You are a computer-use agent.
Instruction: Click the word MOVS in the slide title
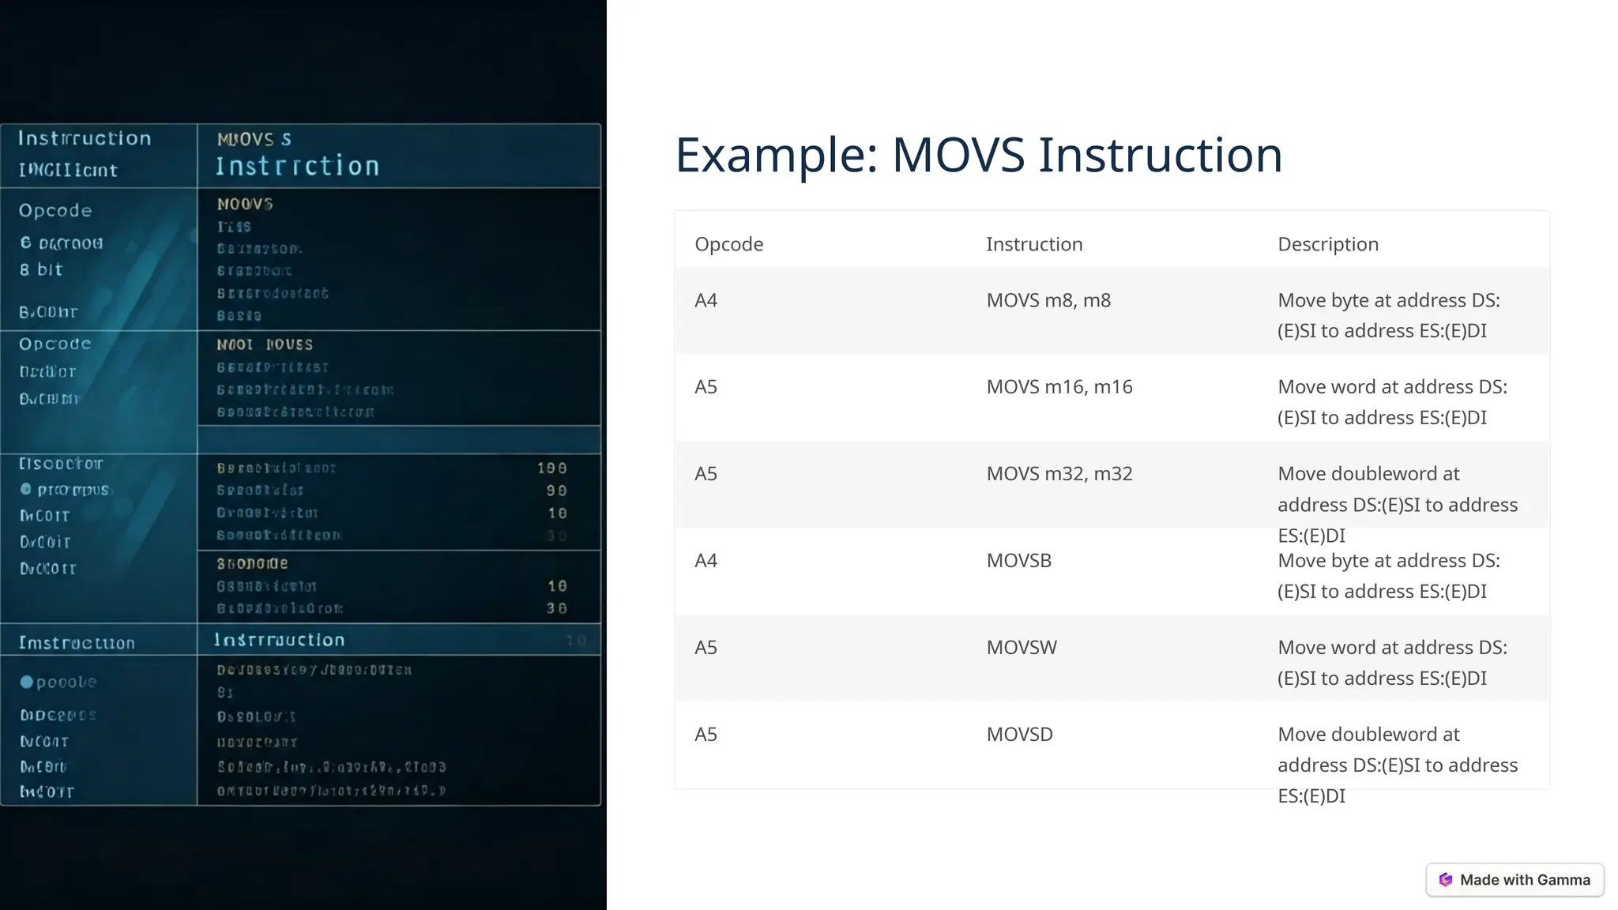tap(958, 155)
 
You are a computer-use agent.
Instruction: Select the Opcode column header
tap(728, 244)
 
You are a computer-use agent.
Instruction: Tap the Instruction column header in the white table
tap(1033, 244)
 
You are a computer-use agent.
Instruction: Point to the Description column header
tap(1327, 244)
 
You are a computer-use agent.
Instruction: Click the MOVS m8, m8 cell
tap(1048, 300)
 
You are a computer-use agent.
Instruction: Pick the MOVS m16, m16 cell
tap(1059, 387)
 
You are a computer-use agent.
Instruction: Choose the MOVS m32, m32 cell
tap(1059, 474)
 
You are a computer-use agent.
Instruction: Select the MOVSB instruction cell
tap(1018, 561)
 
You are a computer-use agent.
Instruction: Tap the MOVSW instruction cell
tap(1021, 648)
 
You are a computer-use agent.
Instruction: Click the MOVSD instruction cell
tap(1019, 735)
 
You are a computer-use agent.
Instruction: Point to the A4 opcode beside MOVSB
tap(706, 561)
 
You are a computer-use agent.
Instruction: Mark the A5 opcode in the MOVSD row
tap(706, 735)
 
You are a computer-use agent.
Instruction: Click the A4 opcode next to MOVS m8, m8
tap(706, 300)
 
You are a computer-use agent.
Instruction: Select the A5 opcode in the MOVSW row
tap(706, 648)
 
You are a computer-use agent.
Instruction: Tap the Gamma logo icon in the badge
tap(1446, 880)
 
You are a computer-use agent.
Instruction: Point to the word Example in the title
tap(776, 155)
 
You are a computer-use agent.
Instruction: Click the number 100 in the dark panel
tap(551, 468)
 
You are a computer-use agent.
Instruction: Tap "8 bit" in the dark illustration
tap(41, 269)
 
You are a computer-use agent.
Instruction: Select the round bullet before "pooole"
tap(27, 682)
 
